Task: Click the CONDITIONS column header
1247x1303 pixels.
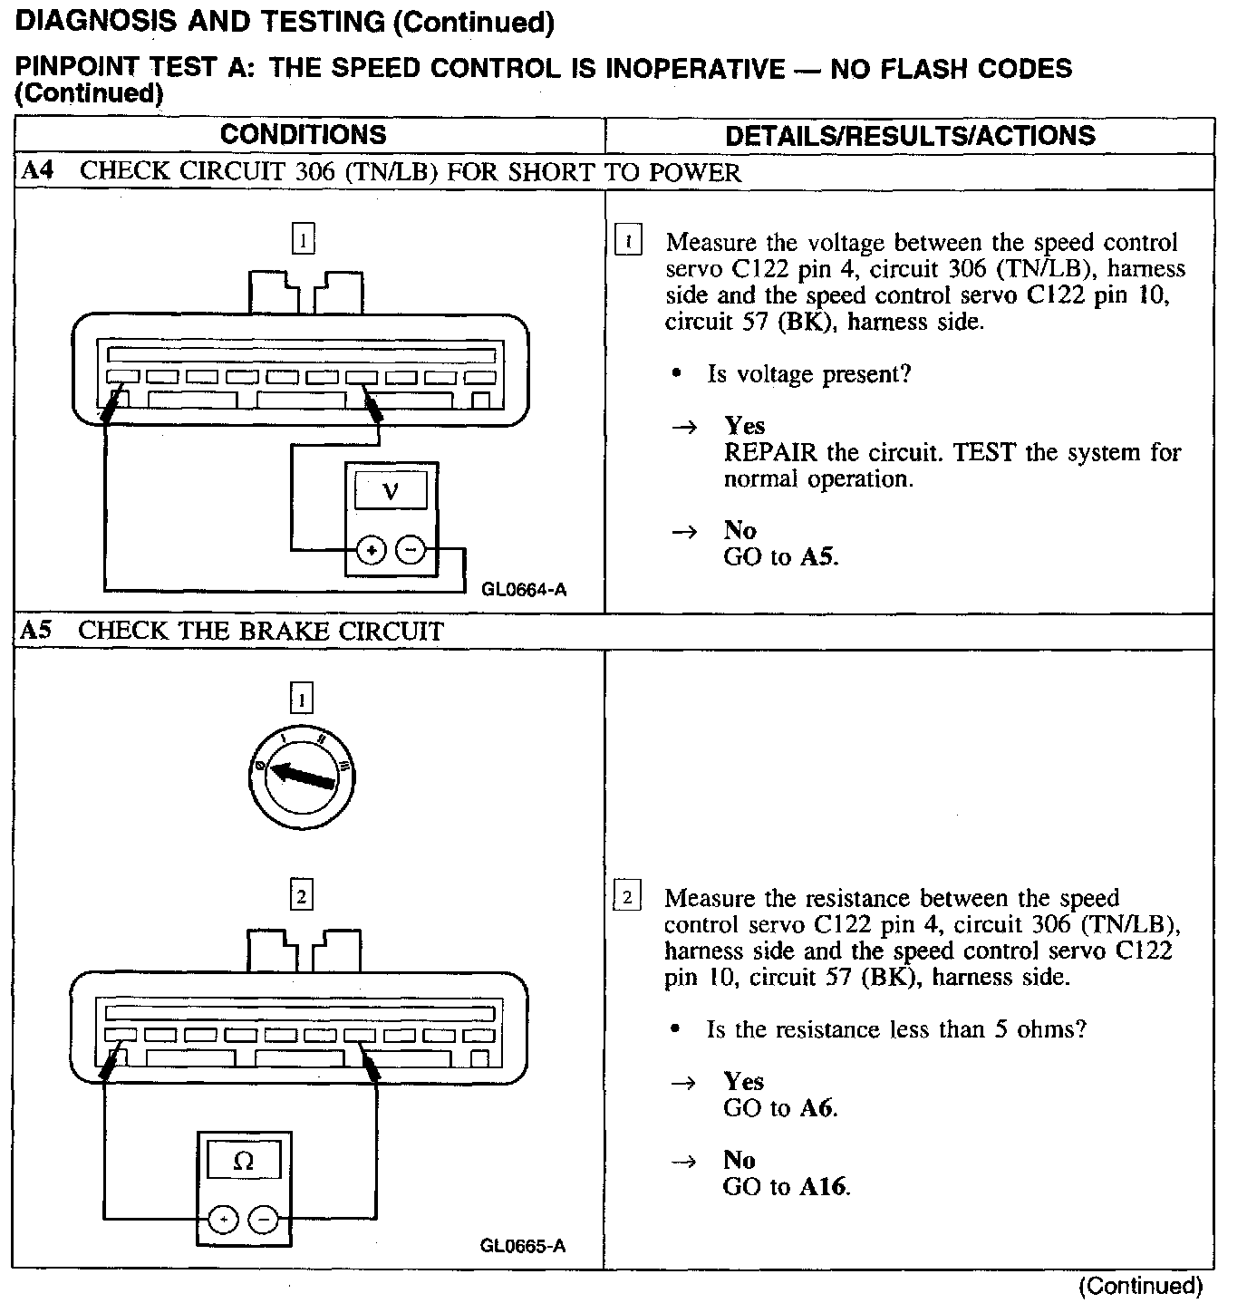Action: tap(303, 135)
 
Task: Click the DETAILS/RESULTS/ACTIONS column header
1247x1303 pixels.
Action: tap(910, 136)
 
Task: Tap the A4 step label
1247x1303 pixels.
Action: tap(36, 172)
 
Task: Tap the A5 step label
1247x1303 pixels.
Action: tap(35, 631)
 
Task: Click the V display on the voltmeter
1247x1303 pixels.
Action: tap(391, 491)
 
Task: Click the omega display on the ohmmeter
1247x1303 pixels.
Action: tap(244, 1161)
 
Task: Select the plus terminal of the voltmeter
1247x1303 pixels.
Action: tap(371, 549)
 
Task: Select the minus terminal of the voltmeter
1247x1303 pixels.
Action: tap(411, 549)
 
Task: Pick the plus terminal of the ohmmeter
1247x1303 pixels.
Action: tap(222, 1220)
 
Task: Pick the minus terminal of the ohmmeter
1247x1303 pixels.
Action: tap(264, 1220)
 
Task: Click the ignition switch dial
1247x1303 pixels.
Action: tap(302, 776)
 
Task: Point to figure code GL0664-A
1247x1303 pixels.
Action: tap(524, 590)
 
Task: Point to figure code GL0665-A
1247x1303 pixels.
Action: tap(523, 1245)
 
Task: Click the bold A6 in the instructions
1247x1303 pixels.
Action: tap(817, 1107)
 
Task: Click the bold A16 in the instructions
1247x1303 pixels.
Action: tap(824, 1186)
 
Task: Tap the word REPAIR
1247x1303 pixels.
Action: tap(770, 452)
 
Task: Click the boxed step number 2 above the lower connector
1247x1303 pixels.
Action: tap(301, 896)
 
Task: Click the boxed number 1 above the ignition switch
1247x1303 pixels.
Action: tap(301, 699)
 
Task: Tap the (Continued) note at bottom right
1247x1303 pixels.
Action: tap(1140, 1286)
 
